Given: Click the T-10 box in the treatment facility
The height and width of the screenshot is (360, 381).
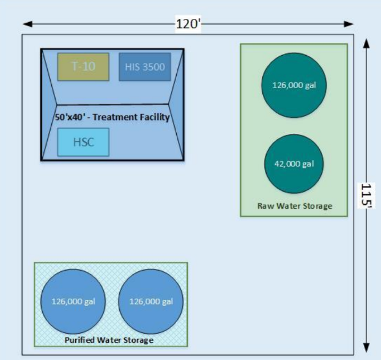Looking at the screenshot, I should coord(83,67).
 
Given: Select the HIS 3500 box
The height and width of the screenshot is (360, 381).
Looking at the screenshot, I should coord(144,67).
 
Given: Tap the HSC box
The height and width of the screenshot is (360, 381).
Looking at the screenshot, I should coord(83,142).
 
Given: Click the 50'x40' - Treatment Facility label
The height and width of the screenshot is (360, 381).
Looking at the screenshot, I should coord(112,117).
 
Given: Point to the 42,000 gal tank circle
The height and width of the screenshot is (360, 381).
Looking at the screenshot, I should coord(294,163).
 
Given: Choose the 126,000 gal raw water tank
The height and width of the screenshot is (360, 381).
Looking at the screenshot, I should coord(294,85).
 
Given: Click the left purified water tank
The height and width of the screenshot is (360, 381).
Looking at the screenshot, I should coord(73,301).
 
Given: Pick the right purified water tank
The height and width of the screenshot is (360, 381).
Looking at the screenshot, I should coord(151,301).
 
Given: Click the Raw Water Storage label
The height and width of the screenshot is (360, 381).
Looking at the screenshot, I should coord(295,206).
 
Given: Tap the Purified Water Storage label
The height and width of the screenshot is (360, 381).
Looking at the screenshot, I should coord(109,340).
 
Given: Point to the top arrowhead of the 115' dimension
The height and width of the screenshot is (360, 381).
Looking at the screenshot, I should coord(366,43).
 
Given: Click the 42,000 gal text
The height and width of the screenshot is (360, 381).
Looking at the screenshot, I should coord(294,163).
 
